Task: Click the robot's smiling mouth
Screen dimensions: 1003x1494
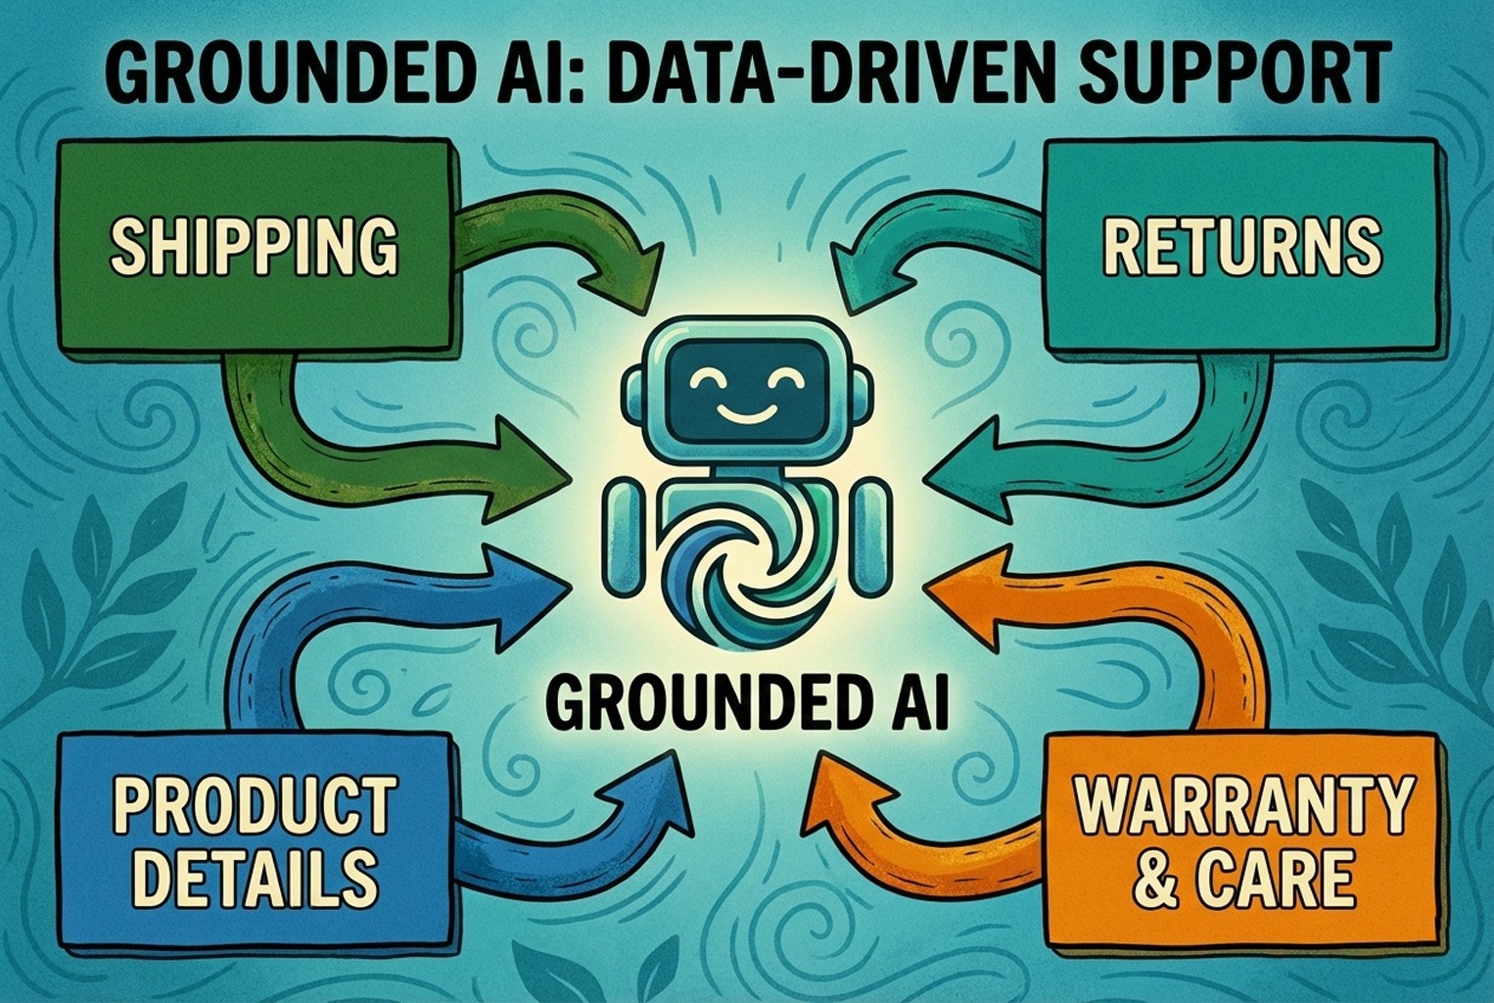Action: coord(747,411)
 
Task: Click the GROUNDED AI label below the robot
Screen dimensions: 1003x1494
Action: coord(747,703)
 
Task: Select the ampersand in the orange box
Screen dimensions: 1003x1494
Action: coord(1156,879)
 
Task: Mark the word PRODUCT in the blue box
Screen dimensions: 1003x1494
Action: coord(255,805)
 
